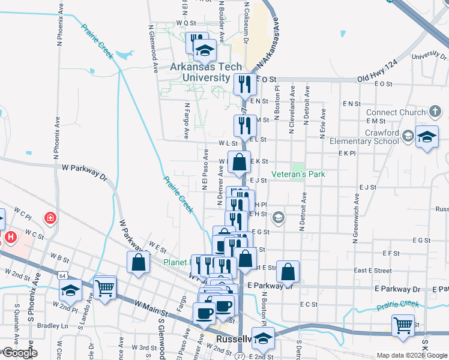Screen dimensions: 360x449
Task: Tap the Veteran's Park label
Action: (x=298, y=174)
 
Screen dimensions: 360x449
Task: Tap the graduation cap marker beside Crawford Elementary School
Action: (x=427, y=137)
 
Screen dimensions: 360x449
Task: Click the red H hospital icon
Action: (x=10, y=238)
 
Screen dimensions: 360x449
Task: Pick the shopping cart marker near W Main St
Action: (x=104, y=287)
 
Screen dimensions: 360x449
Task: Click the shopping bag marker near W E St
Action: (x=139, y=262)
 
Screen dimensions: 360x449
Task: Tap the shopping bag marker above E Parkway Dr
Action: (x=288, y=271)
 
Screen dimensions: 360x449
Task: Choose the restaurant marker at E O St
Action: (x=244, y=84)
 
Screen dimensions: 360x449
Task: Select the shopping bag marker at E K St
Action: (x=239, y=161)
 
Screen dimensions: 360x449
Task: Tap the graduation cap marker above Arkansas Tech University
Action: (x=205, y=50)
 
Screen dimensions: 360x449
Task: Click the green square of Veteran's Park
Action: (x=298, y=166)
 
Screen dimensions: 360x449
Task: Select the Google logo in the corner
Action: (x=19, y=353)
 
